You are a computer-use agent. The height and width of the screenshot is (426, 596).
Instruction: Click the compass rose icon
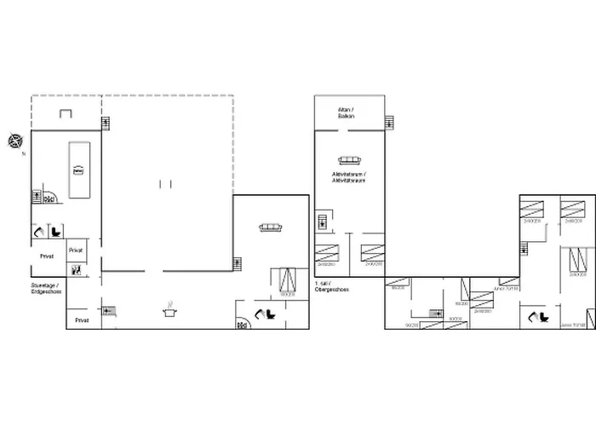click(x=15, y=141)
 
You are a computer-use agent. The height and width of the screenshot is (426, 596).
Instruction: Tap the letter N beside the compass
click(x=25, y=153)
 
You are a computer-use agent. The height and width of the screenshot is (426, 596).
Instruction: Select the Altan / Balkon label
click(x=346, y=113)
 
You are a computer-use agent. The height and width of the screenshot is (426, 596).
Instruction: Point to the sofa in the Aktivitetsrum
click(x=349, y=159)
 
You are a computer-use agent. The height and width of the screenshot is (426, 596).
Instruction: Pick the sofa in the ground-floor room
click(x=271, y=227)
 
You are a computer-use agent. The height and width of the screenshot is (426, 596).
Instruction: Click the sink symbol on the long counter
click(x=78, y=170)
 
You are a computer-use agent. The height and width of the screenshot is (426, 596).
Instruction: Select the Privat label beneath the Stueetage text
click(x=82, y=320)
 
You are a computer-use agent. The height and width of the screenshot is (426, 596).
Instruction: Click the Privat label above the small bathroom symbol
click(x=76, y=250)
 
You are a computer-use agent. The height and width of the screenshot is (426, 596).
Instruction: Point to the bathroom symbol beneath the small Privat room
click(x=76, y=271)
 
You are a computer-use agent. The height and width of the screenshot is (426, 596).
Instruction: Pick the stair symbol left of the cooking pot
click(x=108, y=311)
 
